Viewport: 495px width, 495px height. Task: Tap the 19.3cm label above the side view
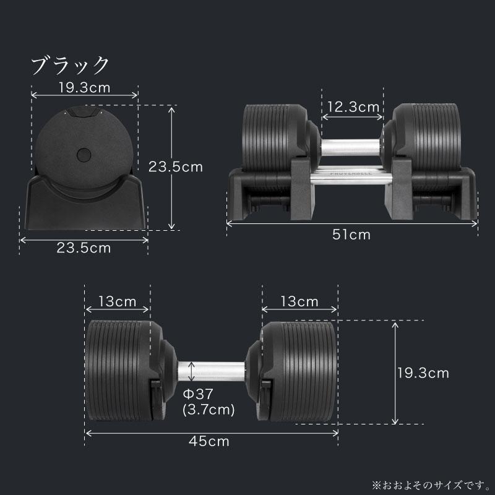pyautogui.click(x=84, y=87)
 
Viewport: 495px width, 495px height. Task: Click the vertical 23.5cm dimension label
pyautogui.click(x=175, y=166)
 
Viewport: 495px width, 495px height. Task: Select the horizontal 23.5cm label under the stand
pyautogui.click(x=84, y=248)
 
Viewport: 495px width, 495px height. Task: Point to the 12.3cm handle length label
pyautogui.click(x=353, y=107)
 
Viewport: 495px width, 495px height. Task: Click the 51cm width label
pyautogui.click(x=352, y=235)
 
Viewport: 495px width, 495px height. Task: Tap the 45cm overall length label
pyautogui.click(x=210, y=442)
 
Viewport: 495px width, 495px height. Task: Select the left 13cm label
pyautogui.click(x=118, y=302)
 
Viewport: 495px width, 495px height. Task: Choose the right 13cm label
pyautogui.click(x=299, y=302)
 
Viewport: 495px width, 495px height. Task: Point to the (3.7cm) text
pyautogui.click(x=209, y=410)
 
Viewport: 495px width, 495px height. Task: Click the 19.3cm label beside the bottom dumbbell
pyautogui.click(x=423, y=373)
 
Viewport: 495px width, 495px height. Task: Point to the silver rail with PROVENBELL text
pyautogui.click(x=351, y=177)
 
